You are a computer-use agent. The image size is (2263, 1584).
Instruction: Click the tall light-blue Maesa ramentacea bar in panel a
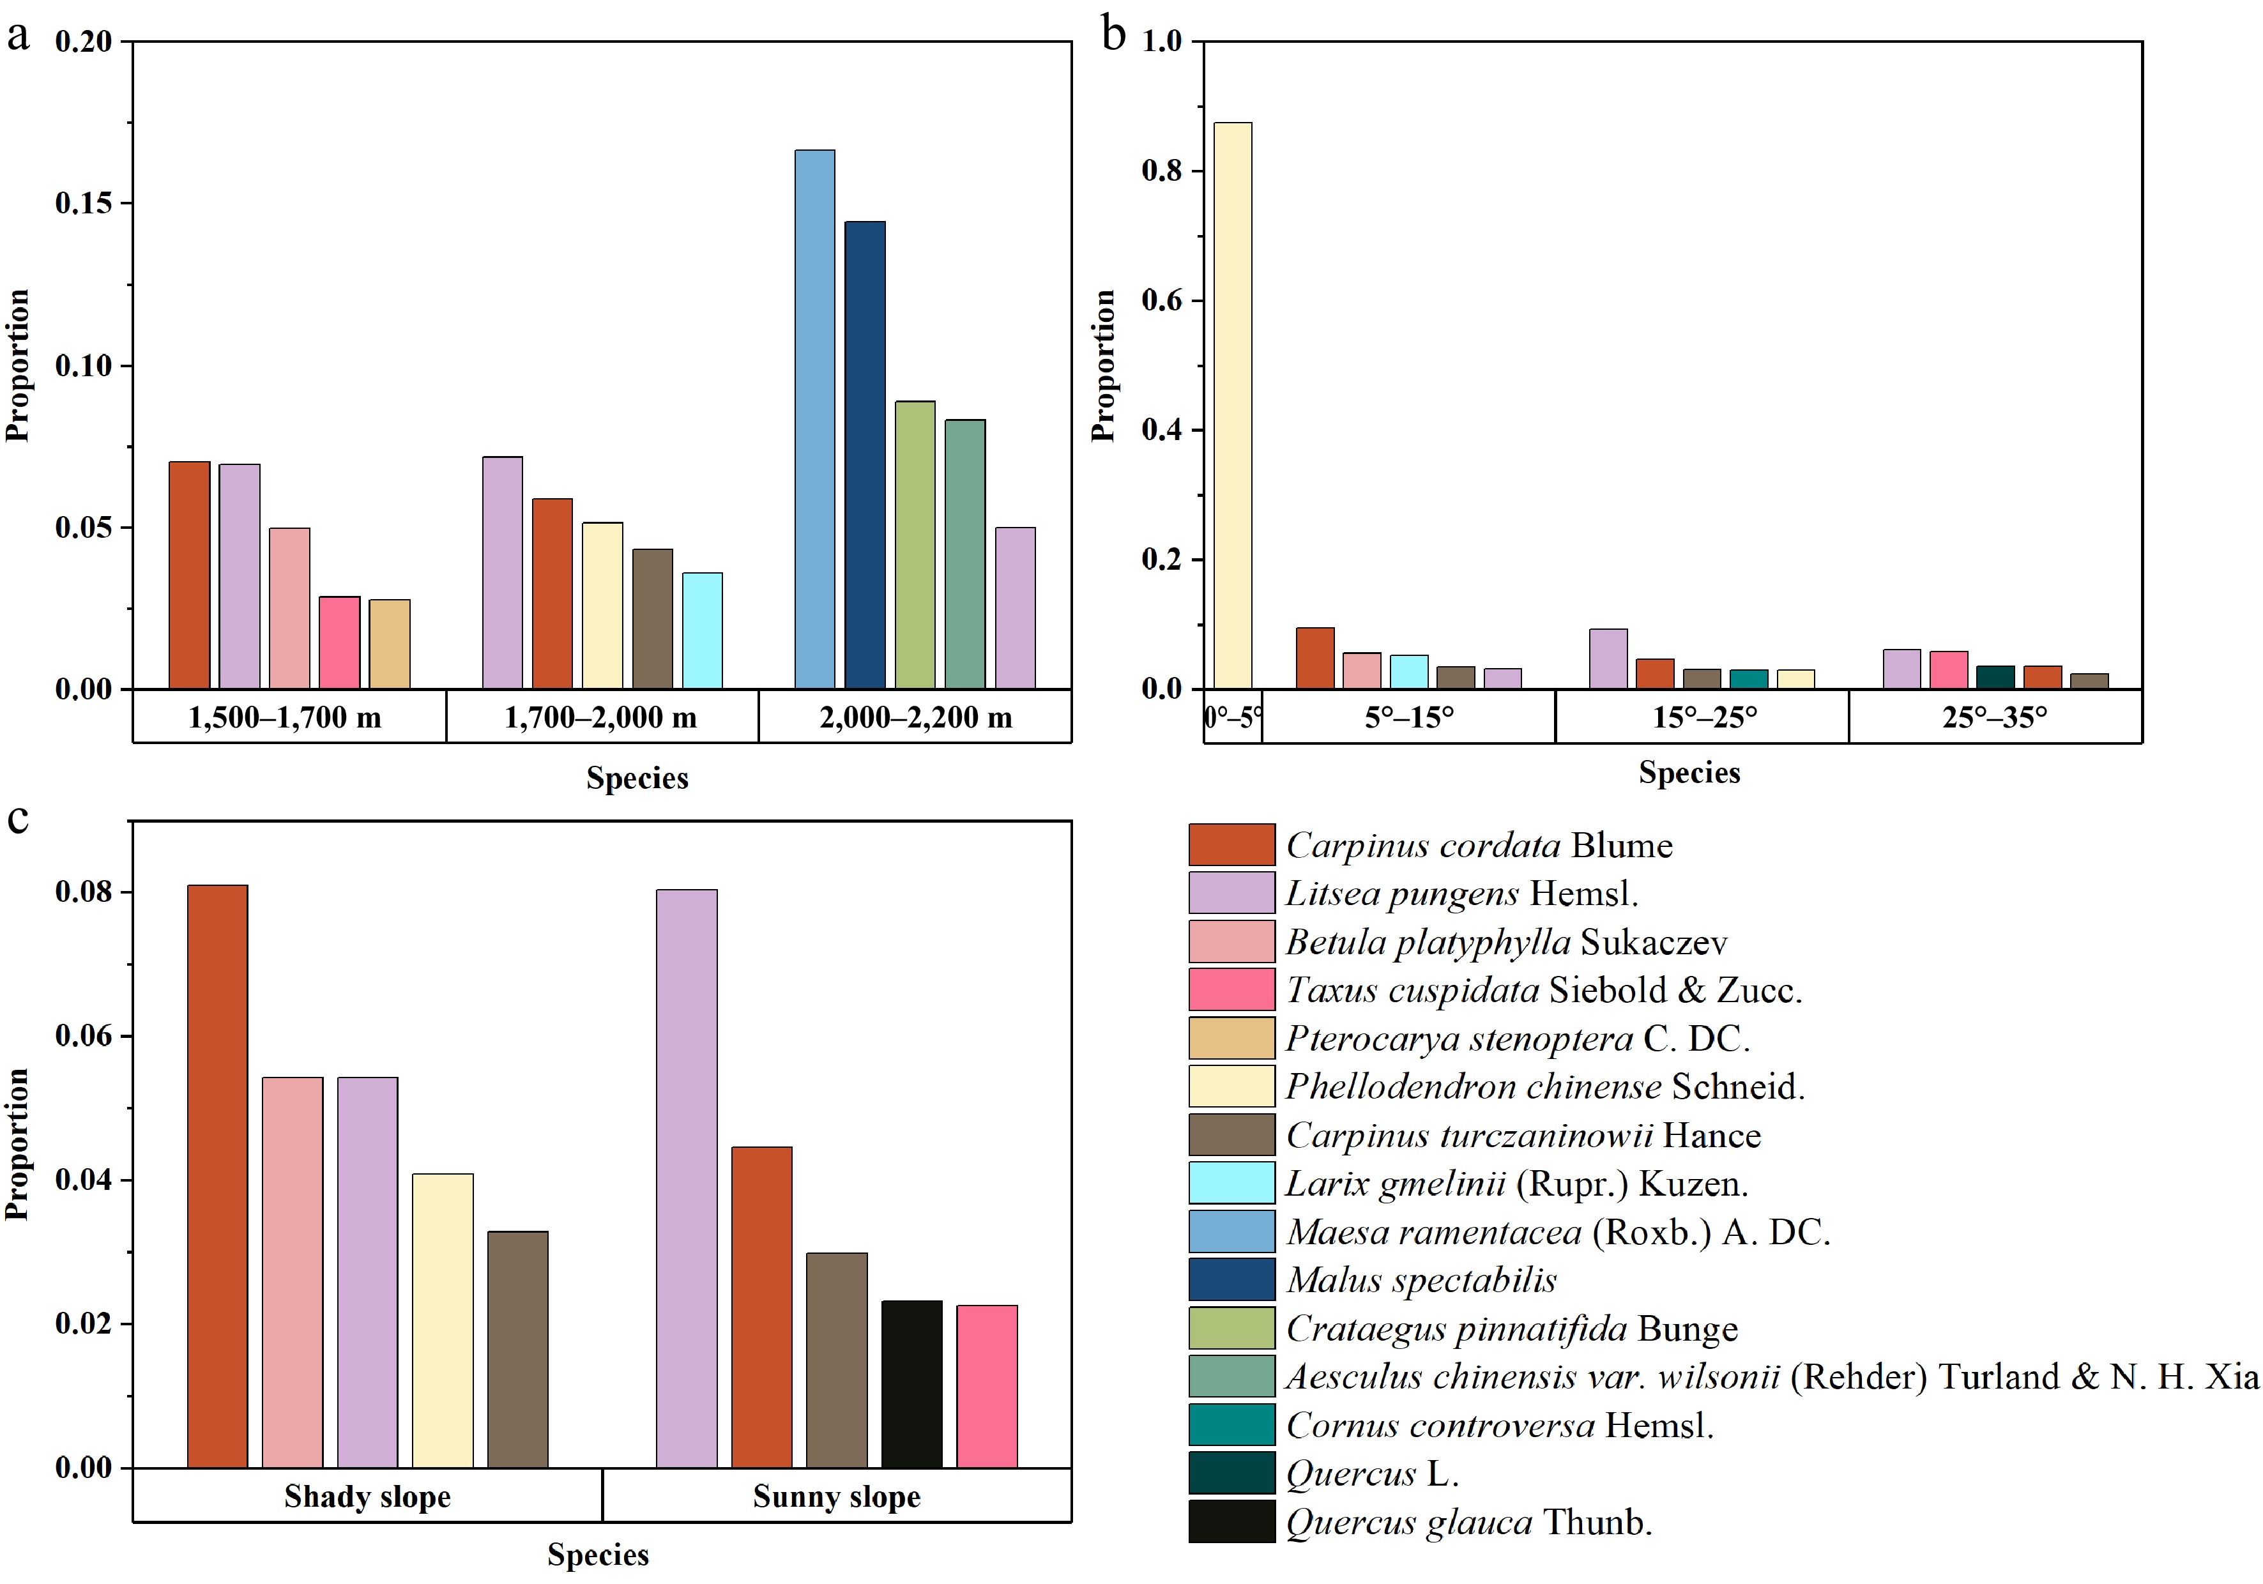pyautogui.click(x=814, y=419)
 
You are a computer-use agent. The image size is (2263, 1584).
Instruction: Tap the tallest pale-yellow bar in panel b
pyautogui.click(x=1232, y=405)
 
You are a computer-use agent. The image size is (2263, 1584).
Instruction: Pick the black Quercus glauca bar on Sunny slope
pyautogui.click(x=911, y=1384)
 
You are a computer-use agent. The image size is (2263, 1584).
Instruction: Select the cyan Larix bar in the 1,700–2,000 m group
pyautogui.click(x=702, y=631)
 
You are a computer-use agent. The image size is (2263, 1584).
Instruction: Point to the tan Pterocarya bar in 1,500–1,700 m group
pyautogui.click(x=390, y=644)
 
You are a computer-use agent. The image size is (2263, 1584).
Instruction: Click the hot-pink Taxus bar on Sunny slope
pyautogui.click(x=987, y=1386)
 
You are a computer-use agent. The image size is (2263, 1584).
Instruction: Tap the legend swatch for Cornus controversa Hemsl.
pyautogui.click(x=1231, y=1424)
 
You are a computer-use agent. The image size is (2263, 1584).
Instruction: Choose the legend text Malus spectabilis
pyautogui.click(x=1421, y=1279)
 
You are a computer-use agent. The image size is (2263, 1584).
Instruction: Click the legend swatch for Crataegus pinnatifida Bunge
pyautogui.click(x=1231, y=1328)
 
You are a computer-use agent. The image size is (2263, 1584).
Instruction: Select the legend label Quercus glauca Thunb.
pyautogui.click(x=1468, y=1522)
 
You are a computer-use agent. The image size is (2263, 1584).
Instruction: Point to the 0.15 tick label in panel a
pyautogui.click(x=84, y=203)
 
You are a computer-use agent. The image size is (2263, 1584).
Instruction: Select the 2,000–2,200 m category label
pyautogui.click(x=916, y=717)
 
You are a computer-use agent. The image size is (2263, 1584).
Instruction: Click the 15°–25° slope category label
pyautogui.click(x=1704, y=717)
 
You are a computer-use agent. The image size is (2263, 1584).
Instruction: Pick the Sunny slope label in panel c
pyautogui.click(x=836, y=1496)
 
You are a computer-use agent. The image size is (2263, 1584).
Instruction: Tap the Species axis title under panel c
pyautogui.click(x=598, y=1555)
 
